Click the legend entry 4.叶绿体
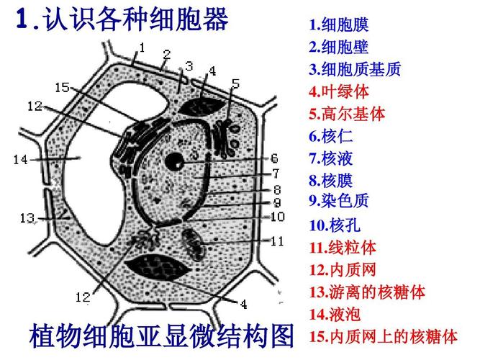point(339,91)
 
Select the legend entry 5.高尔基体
point(347,114)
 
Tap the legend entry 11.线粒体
point(343,248)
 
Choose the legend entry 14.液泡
point(335,314)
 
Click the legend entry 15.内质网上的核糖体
point(383,336)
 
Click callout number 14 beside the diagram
point(19,159)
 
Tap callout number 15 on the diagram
point(62,88)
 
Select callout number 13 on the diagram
point(27,217)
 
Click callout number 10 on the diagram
point(278,216)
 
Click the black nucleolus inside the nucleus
point(174,162)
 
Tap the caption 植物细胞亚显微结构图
point(162,336)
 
